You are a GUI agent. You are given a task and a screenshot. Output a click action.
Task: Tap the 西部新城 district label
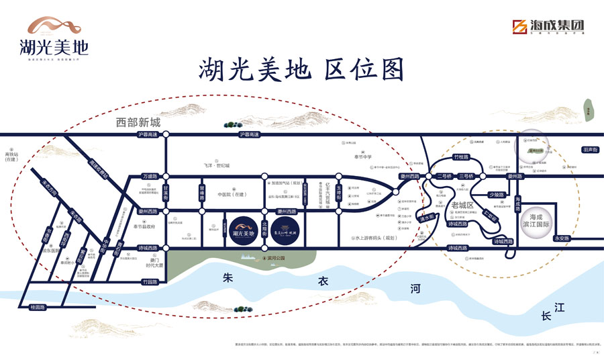(138, 123)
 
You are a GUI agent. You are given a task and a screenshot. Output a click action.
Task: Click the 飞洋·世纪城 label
(217, 165)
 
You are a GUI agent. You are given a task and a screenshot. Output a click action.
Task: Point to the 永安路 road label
(561, 238)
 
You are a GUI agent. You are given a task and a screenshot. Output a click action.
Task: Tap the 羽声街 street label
(590, 150)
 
